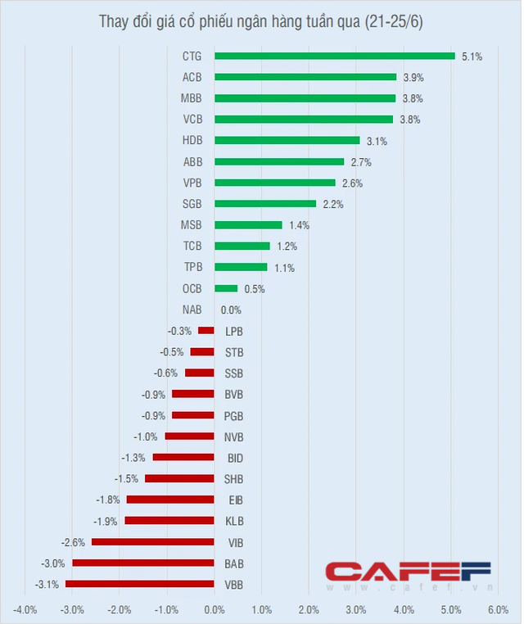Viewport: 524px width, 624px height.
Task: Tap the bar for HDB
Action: tap(287, 141)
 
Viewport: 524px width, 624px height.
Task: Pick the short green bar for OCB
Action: tap(226, 288)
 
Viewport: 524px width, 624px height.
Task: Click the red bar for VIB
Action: tap(152, 542)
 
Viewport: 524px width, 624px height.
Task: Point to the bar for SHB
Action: tap(179, 479)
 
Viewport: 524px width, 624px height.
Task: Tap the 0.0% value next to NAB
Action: tap(231, 310)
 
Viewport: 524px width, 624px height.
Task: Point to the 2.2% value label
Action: tap(332, 204)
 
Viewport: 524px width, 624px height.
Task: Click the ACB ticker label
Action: tap(192, 78)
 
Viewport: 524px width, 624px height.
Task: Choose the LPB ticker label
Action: tap(233, 331)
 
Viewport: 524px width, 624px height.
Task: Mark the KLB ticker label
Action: tap(233, 521)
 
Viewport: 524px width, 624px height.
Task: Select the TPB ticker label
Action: tap(192, 268)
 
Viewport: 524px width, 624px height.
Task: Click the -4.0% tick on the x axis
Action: tap(24, 609)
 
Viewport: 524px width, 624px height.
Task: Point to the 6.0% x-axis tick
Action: tap(499, 609)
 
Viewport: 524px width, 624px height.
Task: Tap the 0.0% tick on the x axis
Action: tap(214, 609)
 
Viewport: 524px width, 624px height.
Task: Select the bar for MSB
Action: tap(248, 225)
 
